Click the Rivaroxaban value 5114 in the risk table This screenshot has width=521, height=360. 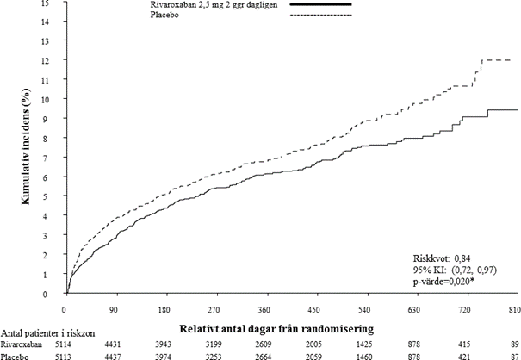point(65,342)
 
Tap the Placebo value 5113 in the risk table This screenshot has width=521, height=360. point(65,355)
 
